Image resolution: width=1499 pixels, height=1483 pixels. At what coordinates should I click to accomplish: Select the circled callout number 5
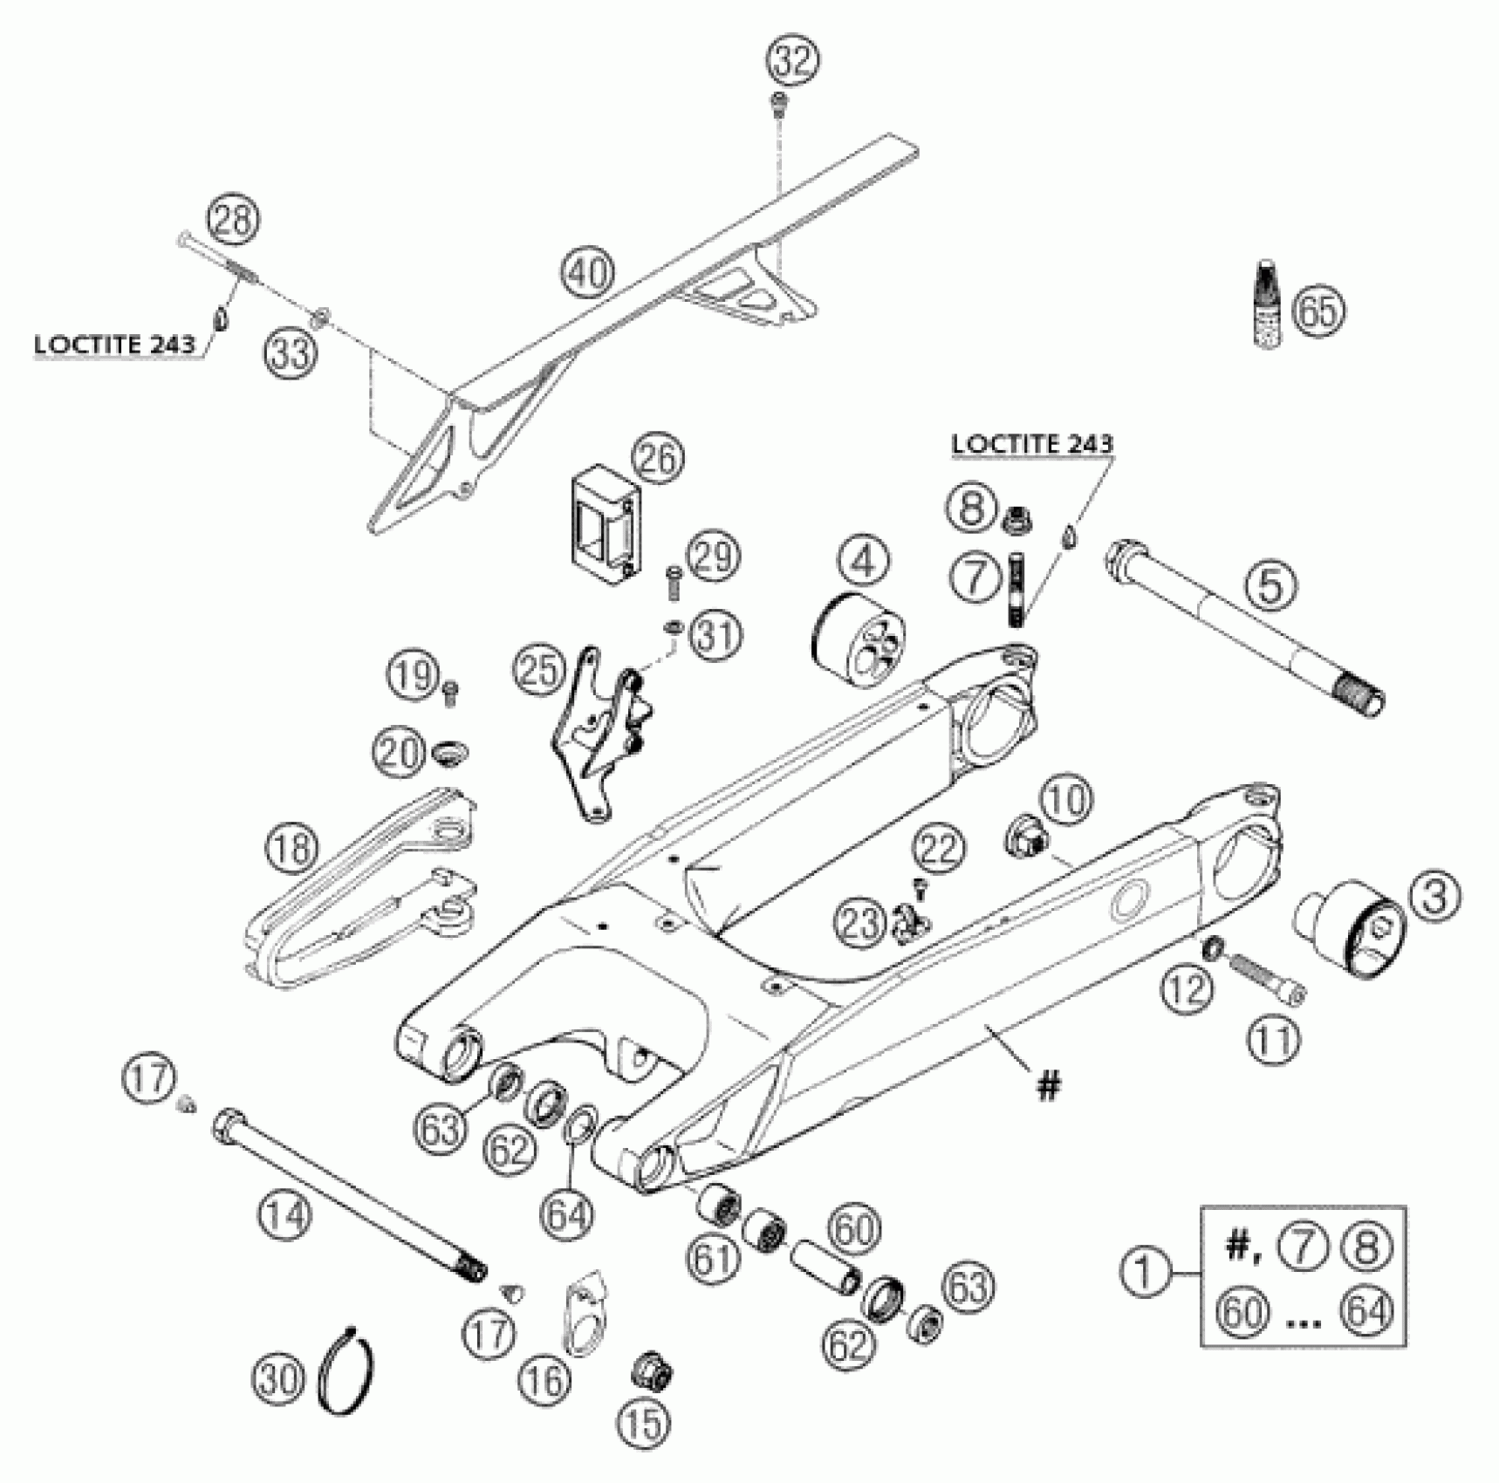[1270, 586]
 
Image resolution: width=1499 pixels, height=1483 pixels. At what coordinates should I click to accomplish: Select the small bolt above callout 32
[777, 106]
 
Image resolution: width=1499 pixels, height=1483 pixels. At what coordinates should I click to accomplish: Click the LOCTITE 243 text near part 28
[113, 345]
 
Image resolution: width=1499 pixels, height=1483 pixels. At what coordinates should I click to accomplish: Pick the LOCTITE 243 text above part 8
[1031, 443]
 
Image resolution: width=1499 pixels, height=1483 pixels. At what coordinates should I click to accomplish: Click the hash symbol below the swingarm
[1048, 1086]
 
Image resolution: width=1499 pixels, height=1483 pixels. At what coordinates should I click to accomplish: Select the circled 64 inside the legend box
[1367, 1311]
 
